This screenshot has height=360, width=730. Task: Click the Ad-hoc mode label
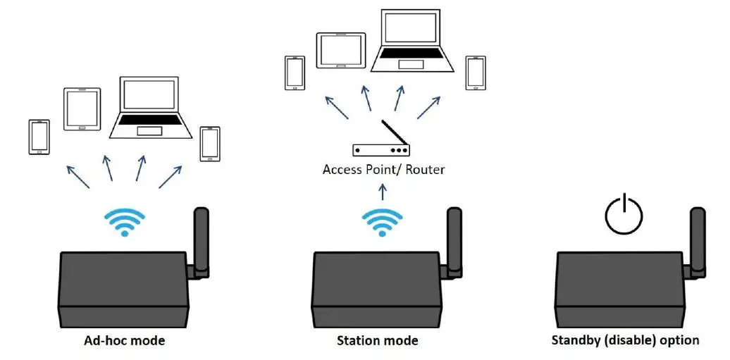[x=124, y=341]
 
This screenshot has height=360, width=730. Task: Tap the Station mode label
[x=377, y=341]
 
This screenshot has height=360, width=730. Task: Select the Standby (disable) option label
[x=625, y=340]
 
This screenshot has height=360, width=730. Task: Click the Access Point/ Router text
[x=383, y=170]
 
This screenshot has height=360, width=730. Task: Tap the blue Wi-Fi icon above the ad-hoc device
[x=124, y=222]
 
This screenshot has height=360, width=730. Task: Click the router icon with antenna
[x=382, y=143]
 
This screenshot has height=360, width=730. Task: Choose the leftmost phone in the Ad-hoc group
[x=39, y=137]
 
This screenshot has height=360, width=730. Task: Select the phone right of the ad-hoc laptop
[x=210, y=143]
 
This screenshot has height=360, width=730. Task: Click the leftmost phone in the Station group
[x=294, y=73]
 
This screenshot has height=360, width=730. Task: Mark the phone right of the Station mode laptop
[x=476, y=73]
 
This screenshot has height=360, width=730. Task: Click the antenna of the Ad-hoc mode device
[x=201, y=240]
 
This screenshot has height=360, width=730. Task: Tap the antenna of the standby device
[x=697, y=240]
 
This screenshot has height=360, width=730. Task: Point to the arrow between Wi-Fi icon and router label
[x=382, y=192]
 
